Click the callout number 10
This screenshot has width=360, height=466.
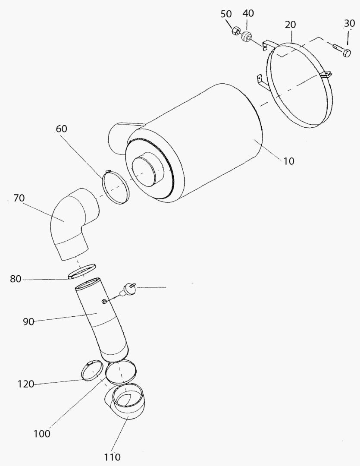click(289, 161)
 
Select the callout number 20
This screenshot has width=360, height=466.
click(290, 25)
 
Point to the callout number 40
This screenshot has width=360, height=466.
click(248, 14)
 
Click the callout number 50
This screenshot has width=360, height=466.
click(226, 14)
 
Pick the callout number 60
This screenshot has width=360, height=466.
click(61, 129)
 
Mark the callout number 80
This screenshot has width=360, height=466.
click(16, 279)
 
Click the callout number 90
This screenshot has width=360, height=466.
click(28, 321)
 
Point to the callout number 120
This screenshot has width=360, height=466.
click(26, 384)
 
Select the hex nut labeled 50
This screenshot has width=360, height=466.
click(236, 31)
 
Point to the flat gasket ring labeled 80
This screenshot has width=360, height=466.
click(82, 273)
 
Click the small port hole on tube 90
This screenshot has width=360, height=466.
click(105, 300)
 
